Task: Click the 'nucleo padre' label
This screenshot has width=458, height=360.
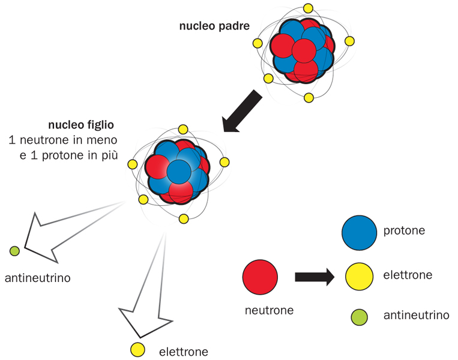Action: click(214, 26)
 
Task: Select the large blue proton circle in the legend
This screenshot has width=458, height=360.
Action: click(359, 232)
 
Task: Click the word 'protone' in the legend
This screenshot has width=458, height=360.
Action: click(403, 230)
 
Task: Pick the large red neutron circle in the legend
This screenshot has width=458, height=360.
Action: click(260, 277)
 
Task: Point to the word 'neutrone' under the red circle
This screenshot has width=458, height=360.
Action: click(269, 310)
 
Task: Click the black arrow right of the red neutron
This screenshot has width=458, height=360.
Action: click(314, 277)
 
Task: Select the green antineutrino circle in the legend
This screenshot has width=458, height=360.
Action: click(359, 315)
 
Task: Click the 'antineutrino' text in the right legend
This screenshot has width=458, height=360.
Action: click(416, 315)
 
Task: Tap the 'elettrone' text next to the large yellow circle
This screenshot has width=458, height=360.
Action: click(407, 276)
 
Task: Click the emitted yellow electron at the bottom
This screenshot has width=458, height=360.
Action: click(137, 349)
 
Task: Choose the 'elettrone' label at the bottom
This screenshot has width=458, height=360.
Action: click(184, 352)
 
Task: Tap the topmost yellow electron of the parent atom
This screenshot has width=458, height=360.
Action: click(309, 8)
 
